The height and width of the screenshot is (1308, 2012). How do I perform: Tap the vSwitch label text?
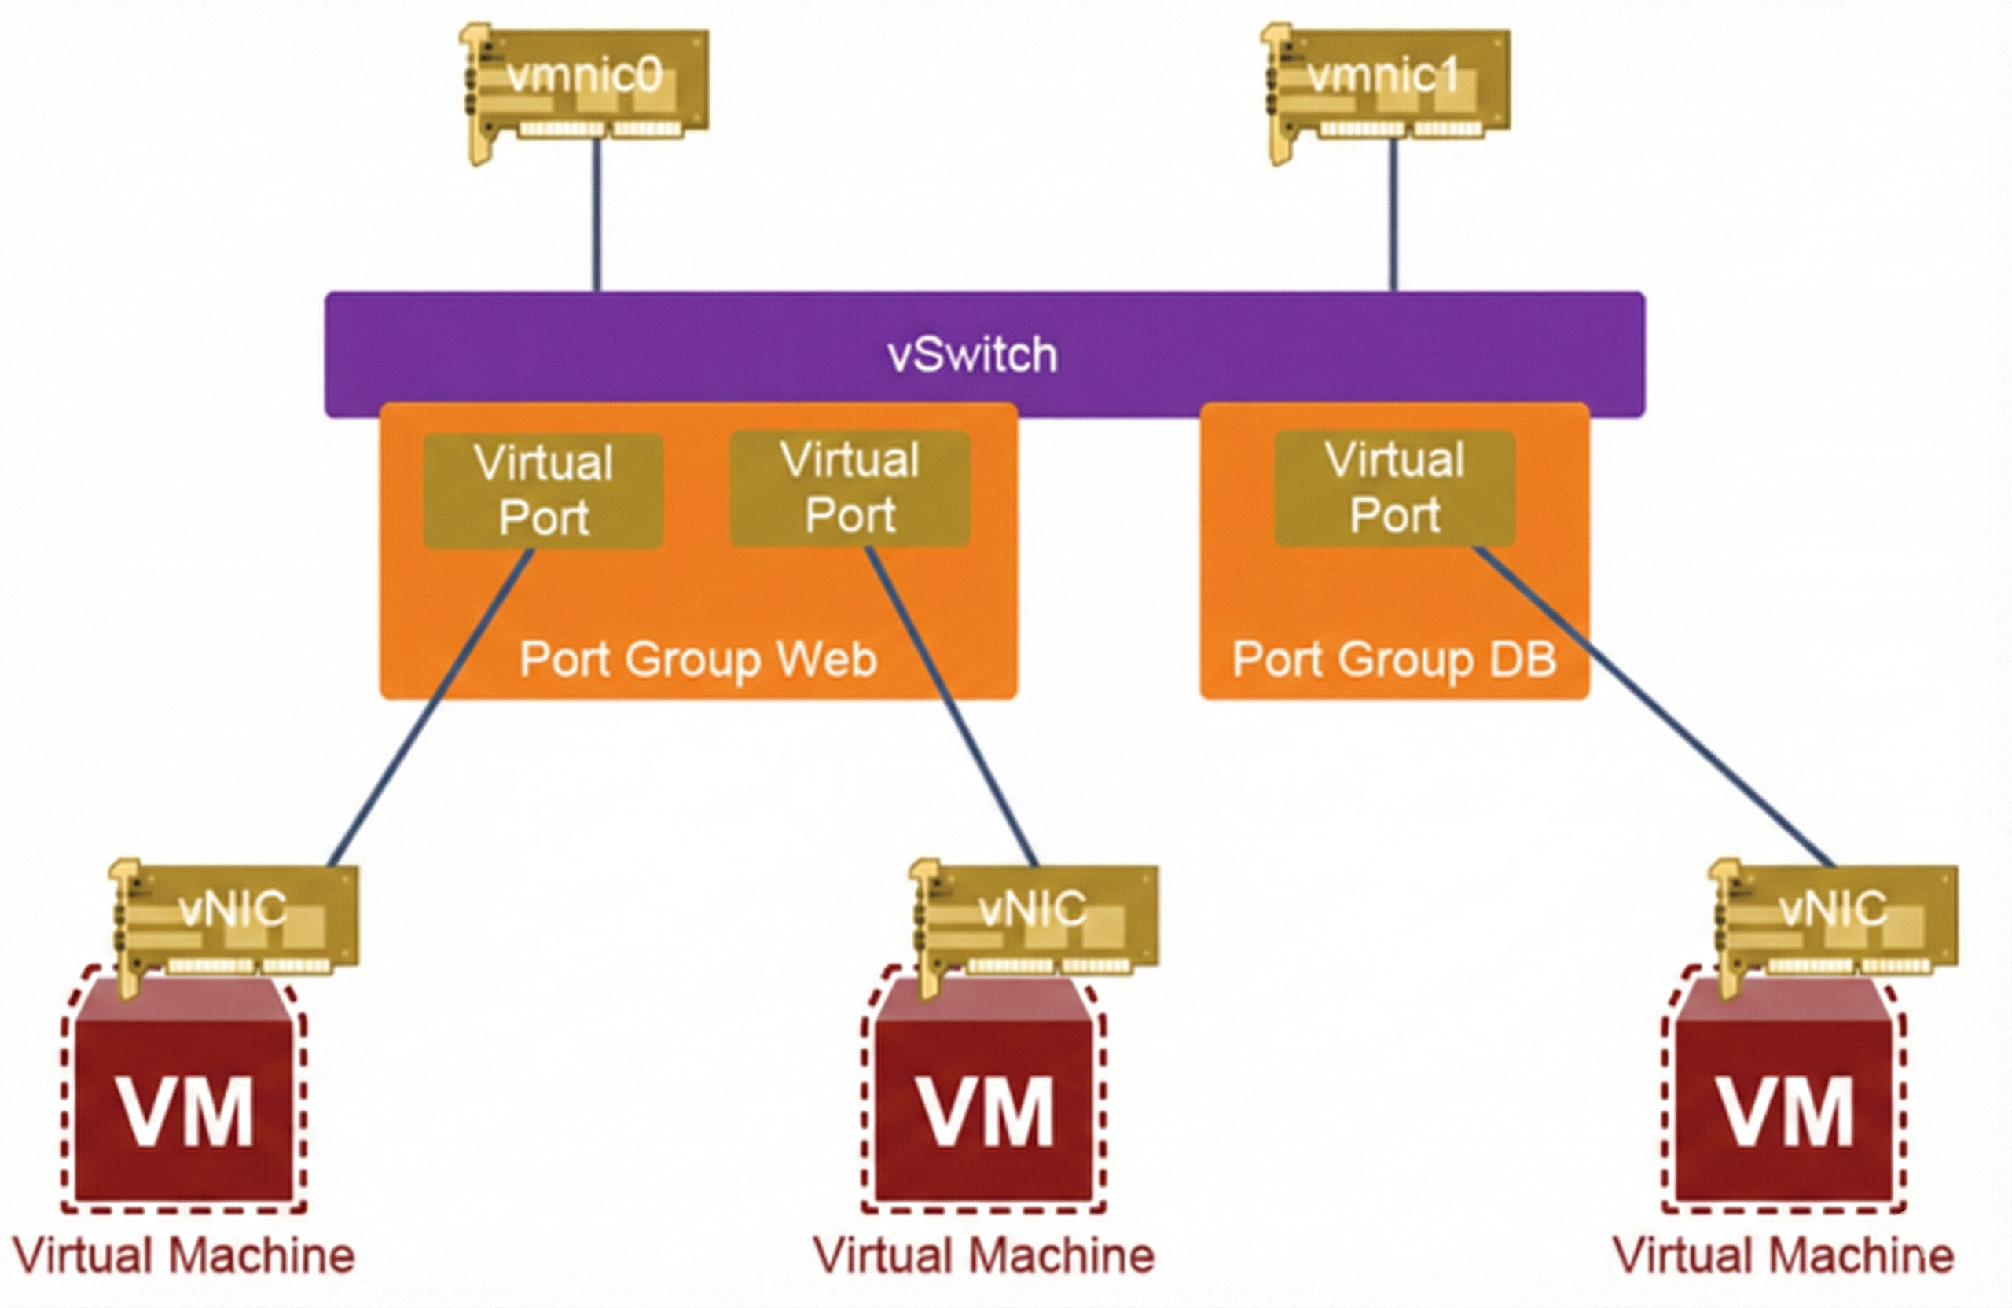pyautogui.click(x=972, y=355)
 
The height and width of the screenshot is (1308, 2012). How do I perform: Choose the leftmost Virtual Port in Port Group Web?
pyautogui.click(x=544, y=490)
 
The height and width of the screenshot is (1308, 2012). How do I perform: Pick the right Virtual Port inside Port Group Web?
pyautogui.click(x=850, y=488)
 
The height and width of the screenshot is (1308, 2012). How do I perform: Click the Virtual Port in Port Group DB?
pyautogui.click(x=1395, y=488)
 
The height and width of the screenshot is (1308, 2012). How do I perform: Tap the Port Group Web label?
pyautogui.click(x=698, y=660)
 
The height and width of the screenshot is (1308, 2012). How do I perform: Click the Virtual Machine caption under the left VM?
pyautogui.click(x=184, y=1256)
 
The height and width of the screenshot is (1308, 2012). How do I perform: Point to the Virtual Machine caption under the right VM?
pyautogui.click(x=1784, y=1256)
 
